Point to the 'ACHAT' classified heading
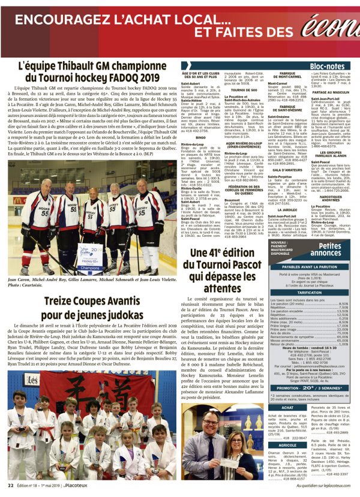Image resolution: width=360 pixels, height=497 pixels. click(x=271, y=408)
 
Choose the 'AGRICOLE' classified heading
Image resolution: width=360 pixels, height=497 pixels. click(x=271, y=445)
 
